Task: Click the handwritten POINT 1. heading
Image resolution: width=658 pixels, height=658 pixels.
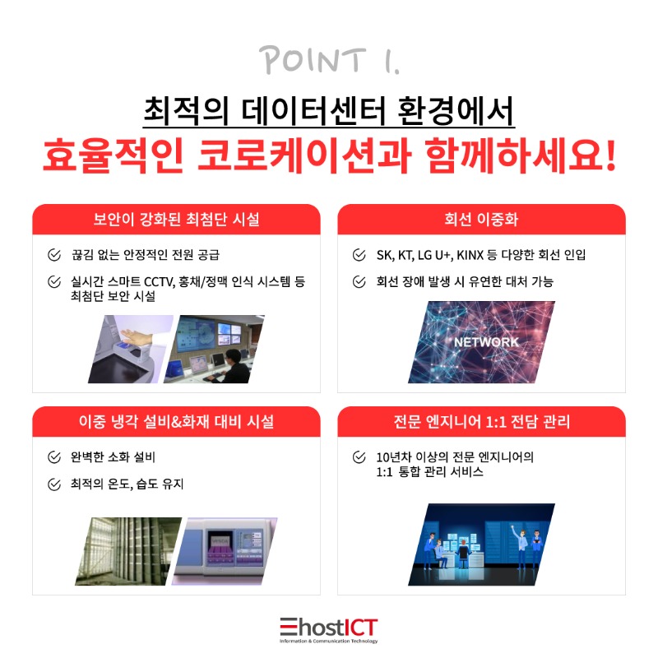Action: click(329, 60)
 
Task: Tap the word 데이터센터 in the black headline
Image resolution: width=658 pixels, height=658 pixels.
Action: click(313, 110)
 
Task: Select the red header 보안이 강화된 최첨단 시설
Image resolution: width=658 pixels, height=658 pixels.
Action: click(176, 219)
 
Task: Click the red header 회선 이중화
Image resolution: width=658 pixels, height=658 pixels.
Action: click(481, 219)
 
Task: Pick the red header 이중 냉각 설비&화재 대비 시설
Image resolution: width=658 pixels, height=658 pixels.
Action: click(176, 421)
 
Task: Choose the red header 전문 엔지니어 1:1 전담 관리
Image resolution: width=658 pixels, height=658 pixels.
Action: click(481, 421)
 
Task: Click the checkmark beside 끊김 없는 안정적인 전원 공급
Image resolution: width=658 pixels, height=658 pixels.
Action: click(54, 255)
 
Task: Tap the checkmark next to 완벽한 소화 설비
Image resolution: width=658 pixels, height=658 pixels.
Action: click(54, 457)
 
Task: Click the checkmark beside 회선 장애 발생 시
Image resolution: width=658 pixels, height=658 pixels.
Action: click(359, 281)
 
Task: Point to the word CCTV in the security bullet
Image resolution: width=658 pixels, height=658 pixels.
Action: click(159, 281)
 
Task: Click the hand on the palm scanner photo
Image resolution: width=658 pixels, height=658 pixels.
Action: click(135, 336)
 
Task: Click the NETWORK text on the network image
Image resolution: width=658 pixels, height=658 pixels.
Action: click(486, 342)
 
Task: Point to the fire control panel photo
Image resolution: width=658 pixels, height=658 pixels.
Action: click(225, 551)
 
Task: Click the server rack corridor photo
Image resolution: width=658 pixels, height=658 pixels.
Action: click(128, 551)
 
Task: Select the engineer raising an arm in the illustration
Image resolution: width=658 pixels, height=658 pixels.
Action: click(520, 544)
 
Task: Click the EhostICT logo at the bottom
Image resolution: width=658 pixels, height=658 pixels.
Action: click(329, 630)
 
